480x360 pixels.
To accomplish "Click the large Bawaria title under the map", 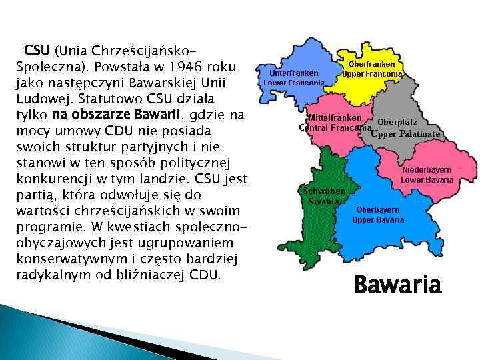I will click(x=397, y=285).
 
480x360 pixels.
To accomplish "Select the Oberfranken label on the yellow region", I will click(x=372, y=64).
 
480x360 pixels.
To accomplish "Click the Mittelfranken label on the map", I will click(x=334, y=118).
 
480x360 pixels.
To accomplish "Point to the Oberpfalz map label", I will click(x=397, y=122).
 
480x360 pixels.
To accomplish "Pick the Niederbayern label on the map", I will click(x=427, y=170).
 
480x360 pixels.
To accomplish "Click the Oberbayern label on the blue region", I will click(x=378, y=209).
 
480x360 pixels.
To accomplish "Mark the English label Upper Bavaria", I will click(x=378, y=219).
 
